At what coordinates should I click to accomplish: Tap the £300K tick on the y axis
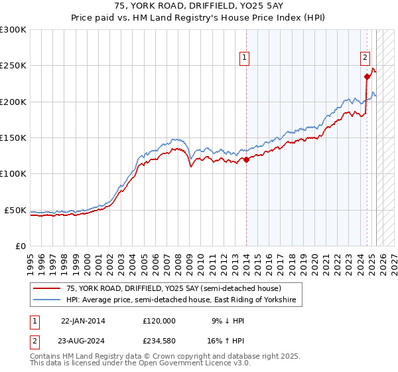pos(13,30)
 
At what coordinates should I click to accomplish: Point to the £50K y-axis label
pos(15,210)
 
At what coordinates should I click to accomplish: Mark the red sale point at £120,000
pos(246,159)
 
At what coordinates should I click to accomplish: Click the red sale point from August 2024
pos(367,76)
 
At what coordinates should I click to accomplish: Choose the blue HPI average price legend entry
pos(184,301)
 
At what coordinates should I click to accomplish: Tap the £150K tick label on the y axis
pos(13,138)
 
